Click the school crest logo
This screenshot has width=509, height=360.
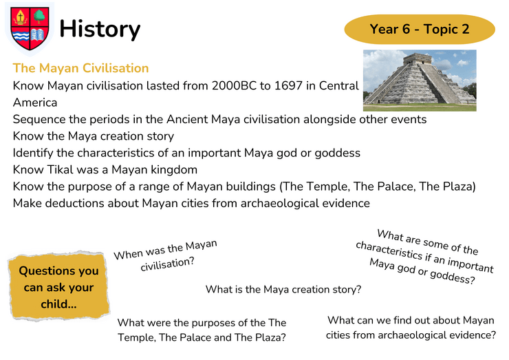pos(30,29)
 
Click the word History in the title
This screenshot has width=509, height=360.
pos(100,29)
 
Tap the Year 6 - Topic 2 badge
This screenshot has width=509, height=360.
pos(420,29)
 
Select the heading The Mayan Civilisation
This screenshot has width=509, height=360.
pos(80,68)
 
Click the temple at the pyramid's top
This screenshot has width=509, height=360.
pos(417,59)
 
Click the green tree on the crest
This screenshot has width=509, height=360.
pos(40,16)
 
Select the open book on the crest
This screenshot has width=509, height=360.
pos(38,34)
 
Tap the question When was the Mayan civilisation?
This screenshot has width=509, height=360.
pos(166,255)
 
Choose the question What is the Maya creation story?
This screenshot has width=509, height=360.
pos(283,289)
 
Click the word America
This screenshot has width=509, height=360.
pos(35,103)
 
